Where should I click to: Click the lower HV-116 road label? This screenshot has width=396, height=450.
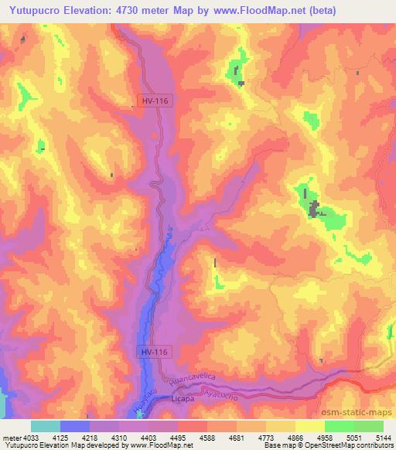(x=155, y=352)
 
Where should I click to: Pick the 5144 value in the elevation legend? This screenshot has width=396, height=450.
(x=383, y=437)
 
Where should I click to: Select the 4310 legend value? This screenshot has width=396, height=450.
(x=119, y=437)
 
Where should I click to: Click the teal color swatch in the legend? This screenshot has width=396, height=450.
(x=46, y=426)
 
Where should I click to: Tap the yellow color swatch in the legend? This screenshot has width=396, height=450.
(x=310, y=426)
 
